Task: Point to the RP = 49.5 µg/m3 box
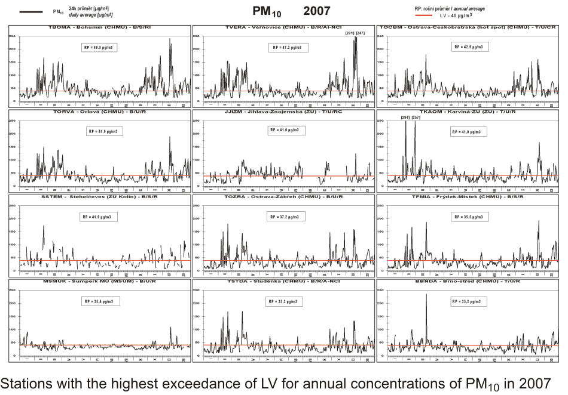click(99, 47)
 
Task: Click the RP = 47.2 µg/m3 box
click(286, 47)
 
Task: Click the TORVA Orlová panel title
click(99, 112)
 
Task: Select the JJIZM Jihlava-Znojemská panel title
click(284, 112)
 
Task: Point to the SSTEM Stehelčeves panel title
click(99, 196)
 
